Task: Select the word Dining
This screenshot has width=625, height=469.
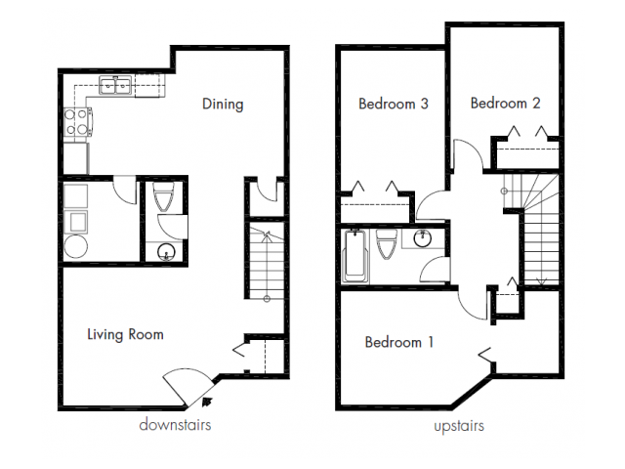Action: click(x=223, y=104)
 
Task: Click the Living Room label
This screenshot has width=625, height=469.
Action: click(x=125, y=334)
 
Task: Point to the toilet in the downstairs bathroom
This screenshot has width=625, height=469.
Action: click(x=164, y=199)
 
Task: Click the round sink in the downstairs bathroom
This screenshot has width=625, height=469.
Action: click(x=166, y=254)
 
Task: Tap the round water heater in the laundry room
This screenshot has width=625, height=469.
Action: click(x=76, y=246)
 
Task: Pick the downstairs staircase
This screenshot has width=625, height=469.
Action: click(x=265, y=264)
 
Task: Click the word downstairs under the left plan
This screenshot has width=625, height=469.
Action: click(x=175, y=426)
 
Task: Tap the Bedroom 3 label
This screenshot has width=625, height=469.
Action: click(x=394, y=104)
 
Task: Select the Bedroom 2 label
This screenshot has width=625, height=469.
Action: click(x=505, y=103)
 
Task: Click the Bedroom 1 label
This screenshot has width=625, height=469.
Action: click(x=399, y=342)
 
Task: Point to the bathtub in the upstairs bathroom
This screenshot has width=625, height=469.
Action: click(x=354, y=255)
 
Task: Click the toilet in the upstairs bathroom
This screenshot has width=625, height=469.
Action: click(x=386, y=250)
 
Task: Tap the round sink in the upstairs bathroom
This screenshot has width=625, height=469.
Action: click(x=426, y=239)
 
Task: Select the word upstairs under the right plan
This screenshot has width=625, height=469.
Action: click(x=458, y=426)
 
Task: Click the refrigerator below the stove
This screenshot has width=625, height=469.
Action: click(x=75, y=156)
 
